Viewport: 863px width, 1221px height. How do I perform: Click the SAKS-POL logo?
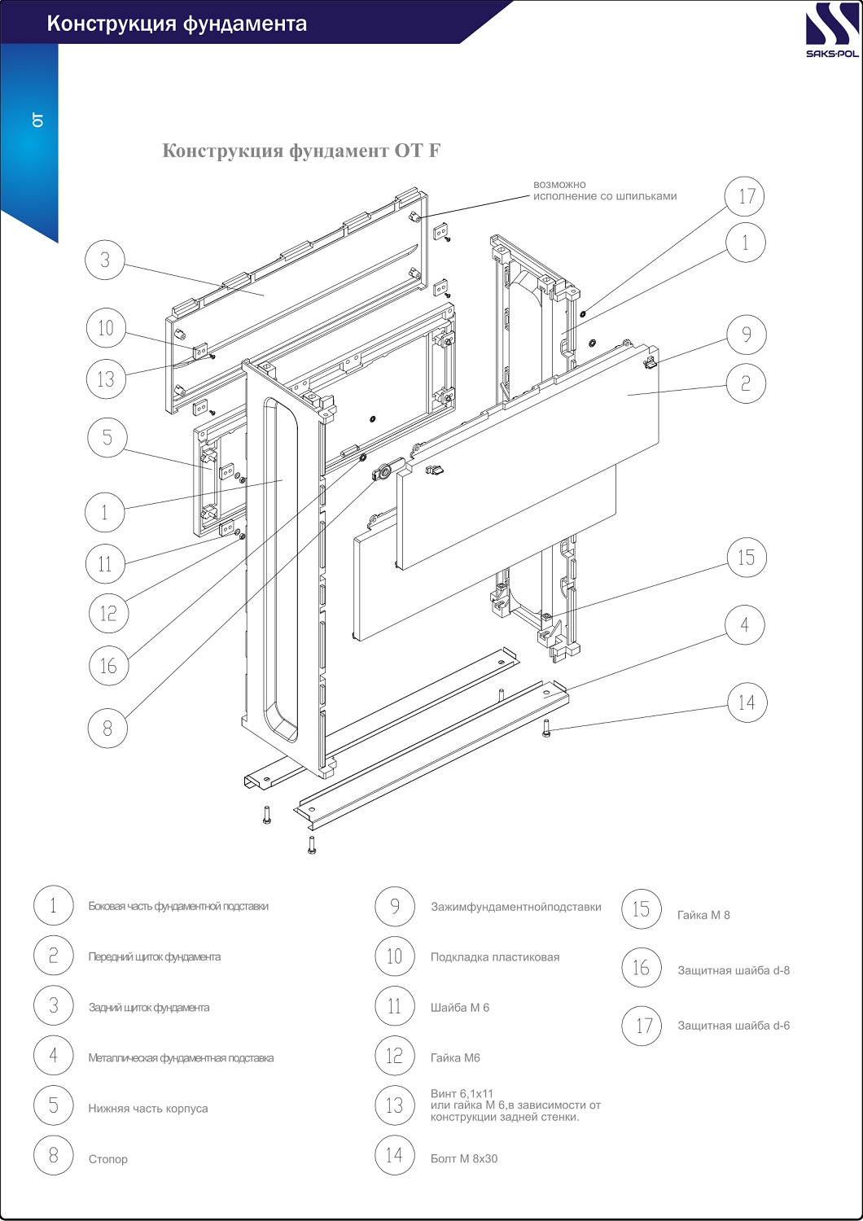pos(831,32)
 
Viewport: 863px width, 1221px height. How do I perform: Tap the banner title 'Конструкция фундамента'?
pos(177,24)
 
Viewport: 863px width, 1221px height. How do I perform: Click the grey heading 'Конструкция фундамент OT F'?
pos(301,151)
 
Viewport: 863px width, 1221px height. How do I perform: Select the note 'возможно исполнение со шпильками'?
pos(604,190)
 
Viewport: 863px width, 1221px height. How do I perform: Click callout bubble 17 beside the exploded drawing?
pos(746,196)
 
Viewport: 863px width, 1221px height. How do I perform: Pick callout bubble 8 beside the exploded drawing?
pos(107,728)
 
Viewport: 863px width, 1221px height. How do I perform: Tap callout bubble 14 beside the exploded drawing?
pos(747,702)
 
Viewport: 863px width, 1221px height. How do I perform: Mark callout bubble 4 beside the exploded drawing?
pos(745,625)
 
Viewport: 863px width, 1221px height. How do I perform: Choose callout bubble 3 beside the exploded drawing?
pos(105,260)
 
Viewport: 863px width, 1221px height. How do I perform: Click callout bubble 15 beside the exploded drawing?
pos(747,558)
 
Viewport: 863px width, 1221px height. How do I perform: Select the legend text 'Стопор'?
pos(108,1159)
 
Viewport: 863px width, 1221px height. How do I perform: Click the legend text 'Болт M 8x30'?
pos(464,1158)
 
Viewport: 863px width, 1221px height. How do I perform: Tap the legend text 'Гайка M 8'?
pos(703,915)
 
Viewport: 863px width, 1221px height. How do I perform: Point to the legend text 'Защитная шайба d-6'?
pos(734,1026)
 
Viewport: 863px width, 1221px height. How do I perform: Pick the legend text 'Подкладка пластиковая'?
pos(495,957)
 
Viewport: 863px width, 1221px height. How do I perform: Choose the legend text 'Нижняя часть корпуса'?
pos(148,1109)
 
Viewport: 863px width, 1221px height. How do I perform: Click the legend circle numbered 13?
pos(395,1105)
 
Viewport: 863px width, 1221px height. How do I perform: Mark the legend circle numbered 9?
pos(395,906)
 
